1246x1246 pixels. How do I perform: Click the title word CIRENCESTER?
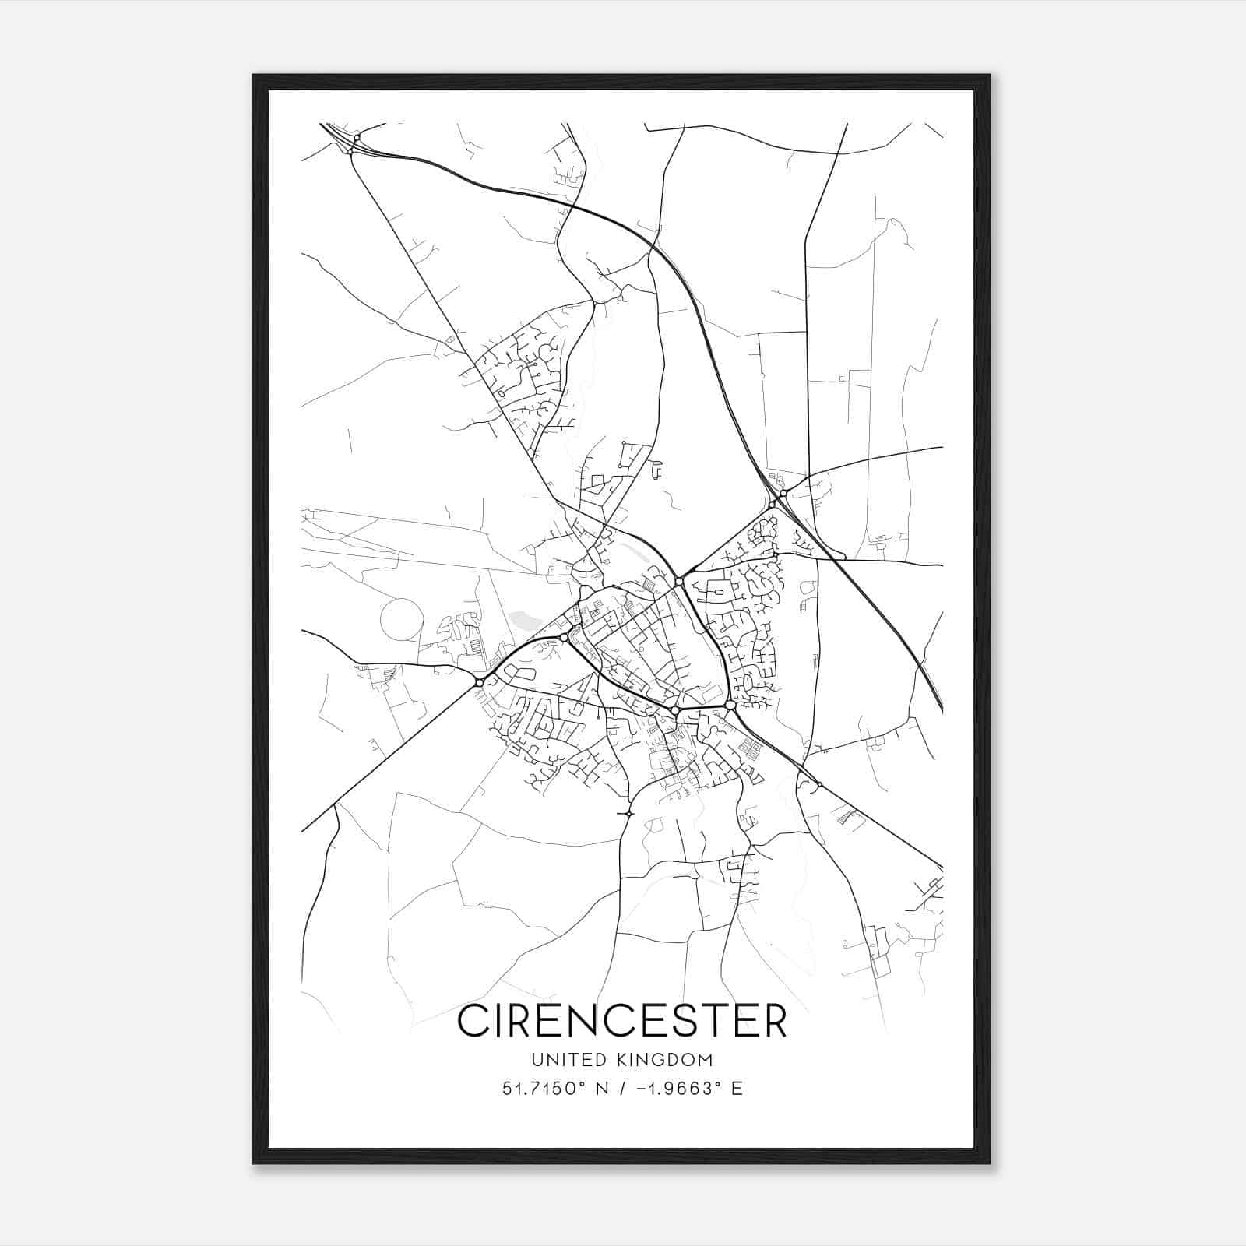[621, 1021]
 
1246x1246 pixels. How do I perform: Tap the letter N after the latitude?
[600, 1089]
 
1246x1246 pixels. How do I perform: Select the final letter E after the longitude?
[736, 1089]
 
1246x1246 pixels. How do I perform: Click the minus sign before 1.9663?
[641, 1089]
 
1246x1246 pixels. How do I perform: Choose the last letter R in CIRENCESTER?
[772, 1021]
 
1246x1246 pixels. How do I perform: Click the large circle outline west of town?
[402, 620]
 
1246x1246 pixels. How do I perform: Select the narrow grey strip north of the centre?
[637, 553]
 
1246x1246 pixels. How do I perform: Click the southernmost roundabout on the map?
[628, 814]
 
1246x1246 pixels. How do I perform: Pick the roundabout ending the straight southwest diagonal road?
[479, 683]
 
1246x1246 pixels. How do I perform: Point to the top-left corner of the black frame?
[254, 76]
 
